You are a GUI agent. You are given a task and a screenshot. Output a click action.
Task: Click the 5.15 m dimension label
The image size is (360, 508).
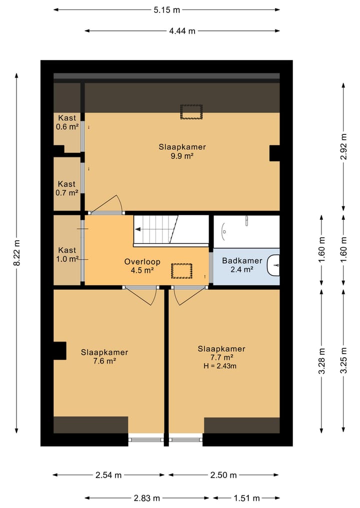(166, 10)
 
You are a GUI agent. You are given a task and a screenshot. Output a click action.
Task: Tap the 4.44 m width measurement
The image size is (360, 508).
(182, 31)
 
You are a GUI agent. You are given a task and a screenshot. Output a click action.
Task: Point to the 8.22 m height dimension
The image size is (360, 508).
(17, 253)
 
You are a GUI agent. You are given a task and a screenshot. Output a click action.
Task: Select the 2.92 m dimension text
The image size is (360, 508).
(344, 146)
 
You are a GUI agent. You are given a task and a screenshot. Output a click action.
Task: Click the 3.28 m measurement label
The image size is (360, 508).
(321, 361)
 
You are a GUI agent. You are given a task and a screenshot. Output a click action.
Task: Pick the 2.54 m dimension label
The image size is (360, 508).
(108, 475)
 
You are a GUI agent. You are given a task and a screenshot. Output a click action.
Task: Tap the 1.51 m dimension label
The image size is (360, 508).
(247, 498)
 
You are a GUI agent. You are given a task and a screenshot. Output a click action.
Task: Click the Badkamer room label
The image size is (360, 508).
(242, 261)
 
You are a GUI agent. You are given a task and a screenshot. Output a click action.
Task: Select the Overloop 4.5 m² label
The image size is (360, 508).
(142, 266)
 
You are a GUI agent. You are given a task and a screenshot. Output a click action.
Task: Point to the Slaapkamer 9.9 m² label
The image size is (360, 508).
(182, 151)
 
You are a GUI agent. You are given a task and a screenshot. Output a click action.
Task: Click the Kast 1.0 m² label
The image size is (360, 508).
(67, 255)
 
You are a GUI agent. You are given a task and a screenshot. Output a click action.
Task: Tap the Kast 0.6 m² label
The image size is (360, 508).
(67, 122)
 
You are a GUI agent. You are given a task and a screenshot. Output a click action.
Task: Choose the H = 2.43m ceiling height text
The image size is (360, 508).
(219, 366)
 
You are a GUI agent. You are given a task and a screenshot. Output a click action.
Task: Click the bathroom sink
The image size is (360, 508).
(273, 265)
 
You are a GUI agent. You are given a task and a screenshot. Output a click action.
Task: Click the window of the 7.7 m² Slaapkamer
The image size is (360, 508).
(186, 440)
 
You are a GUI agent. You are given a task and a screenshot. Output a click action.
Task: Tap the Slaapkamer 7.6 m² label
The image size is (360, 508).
(104, 357)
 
